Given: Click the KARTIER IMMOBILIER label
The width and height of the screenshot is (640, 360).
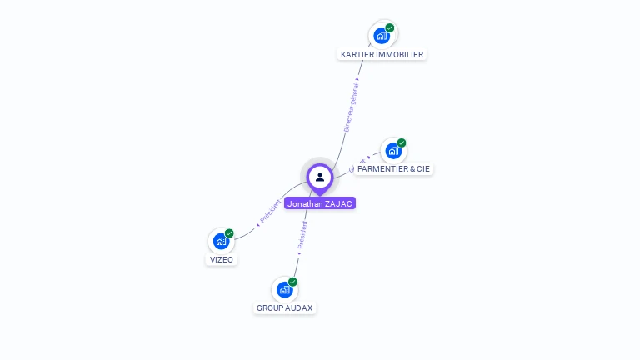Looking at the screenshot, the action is (382, 54).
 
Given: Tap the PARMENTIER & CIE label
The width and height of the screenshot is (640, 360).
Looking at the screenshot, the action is (393, 168).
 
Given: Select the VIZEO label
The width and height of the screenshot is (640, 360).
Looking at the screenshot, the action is (222, 259).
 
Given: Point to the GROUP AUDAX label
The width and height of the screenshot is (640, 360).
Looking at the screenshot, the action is (284, 307).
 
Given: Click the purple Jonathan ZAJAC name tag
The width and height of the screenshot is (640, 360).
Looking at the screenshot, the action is (320, 203).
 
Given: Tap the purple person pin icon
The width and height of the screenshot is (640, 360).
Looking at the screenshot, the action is (320, 177).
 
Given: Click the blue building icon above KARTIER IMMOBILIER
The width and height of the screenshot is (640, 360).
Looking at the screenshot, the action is (382, 36).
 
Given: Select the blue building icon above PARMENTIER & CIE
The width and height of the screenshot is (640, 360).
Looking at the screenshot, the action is (393, 151).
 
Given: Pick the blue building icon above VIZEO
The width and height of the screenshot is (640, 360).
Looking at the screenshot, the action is (221, 241).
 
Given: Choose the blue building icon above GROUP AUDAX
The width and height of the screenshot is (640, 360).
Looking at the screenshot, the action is (284, 289).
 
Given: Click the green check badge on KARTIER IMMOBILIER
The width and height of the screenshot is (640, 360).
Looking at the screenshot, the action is (390, 28).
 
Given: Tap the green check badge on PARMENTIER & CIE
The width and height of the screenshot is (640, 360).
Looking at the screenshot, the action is (402, 143).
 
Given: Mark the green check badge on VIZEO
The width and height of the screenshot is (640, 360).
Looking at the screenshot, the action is (229, 233).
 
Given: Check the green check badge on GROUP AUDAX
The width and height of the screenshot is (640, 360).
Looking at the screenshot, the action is (292, 282).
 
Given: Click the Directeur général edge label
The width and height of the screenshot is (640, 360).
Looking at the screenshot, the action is (352, 106).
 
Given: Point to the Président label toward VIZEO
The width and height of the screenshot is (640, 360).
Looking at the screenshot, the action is (270, 212).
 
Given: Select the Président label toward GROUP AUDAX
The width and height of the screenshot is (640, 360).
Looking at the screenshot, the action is (302, 235).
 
